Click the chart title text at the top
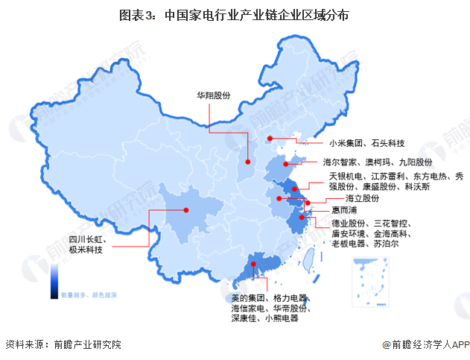[235, 13]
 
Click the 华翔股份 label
[214, 96]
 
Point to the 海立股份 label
[362, 199]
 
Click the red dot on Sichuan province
[185, 210]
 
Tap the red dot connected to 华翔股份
[247, 158]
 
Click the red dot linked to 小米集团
[271, 138]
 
